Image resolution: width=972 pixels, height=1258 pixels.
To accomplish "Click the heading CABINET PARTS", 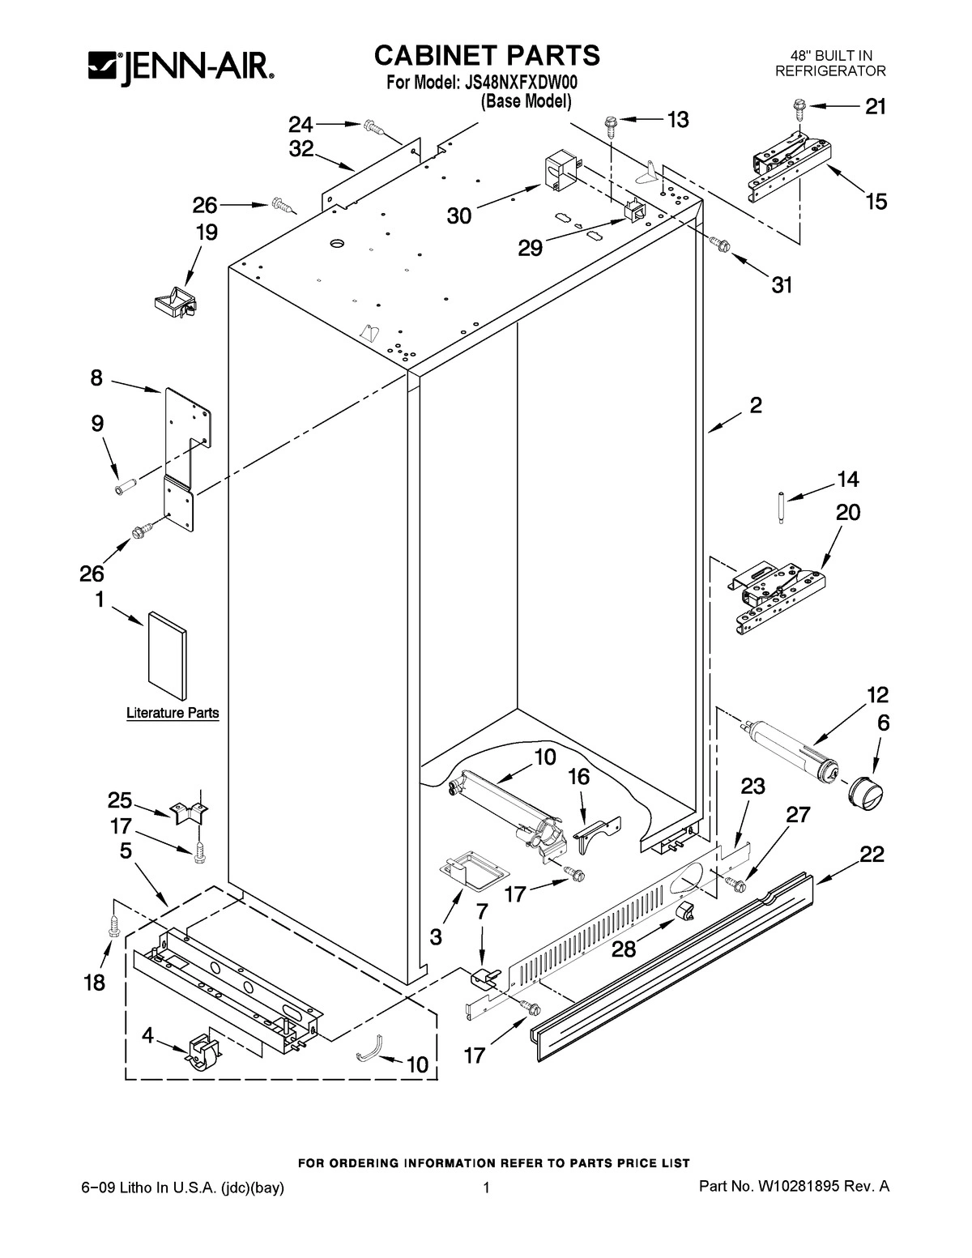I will (x=486, y=55).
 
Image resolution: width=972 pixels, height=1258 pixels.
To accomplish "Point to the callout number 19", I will (x=206, y=233).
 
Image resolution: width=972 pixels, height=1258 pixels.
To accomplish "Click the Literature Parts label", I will (x=173, y=714).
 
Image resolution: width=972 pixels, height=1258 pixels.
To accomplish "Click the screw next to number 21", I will (x=799, y=104).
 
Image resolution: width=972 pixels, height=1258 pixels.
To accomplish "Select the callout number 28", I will (x=625, y=949).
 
